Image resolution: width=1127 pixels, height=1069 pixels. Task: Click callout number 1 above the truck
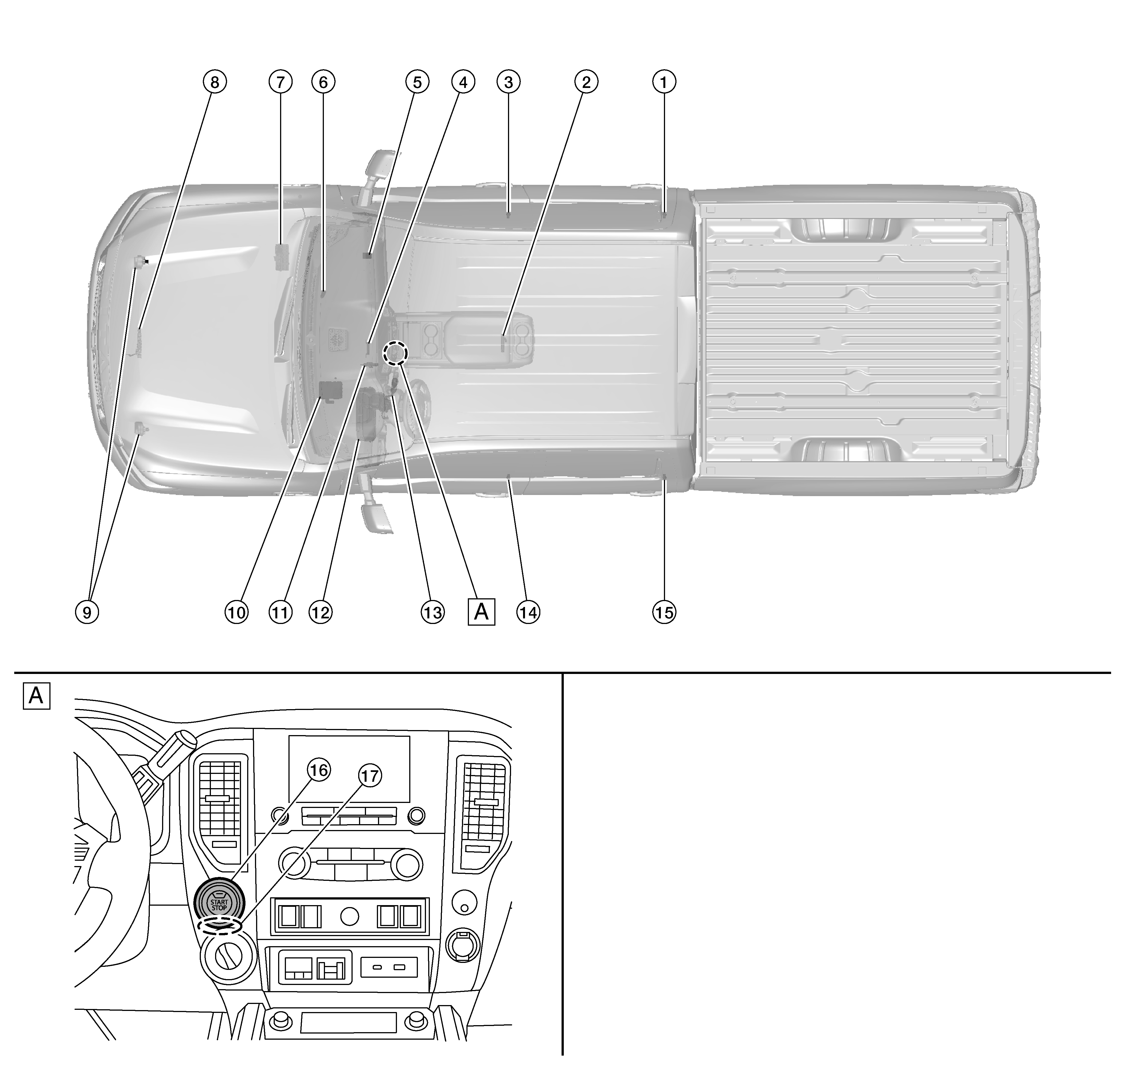663,82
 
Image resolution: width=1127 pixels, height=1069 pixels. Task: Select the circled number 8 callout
215,82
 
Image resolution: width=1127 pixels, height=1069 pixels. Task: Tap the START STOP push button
219,904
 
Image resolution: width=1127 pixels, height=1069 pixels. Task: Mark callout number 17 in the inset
370,776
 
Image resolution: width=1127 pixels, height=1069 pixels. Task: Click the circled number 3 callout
509,82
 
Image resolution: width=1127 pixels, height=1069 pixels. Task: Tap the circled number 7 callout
280,82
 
